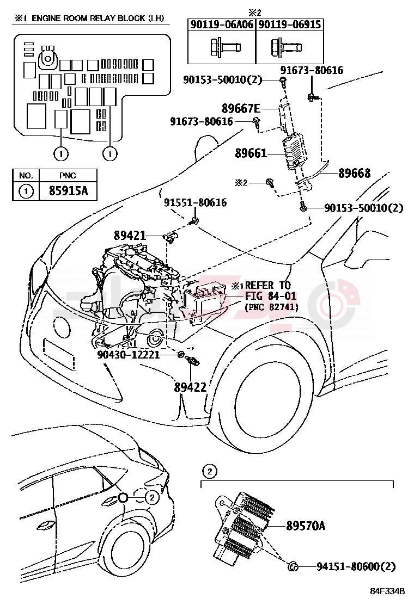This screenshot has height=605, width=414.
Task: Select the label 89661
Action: tap(251, 153)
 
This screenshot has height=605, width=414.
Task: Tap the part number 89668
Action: tap(354, 174)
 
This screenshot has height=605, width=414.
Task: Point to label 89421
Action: tap(130, 236)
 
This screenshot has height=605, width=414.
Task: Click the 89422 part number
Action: tap(190, 387)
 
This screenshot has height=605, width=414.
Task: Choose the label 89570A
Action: tap(306, 525)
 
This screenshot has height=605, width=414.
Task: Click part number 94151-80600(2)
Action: tap(356, 567)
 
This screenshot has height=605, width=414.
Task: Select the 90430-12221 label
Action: tap(128, 354)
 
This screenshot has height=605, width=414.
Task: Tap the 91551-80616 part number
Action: tap(196, 203)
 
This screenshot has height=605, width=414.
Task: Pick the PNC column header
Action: tap(69, 176)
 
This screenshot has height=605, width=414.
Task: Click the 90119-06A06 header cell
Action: tap(222, 24)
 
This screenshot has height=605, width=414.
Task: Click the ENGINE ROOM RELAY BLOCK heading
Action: tap(89, 18)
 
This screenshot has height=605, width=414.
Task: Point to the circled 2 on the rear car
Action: tap(151, 496)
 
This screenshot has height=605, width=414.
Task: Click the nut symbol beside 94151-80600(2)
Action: tap(292, 567)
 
